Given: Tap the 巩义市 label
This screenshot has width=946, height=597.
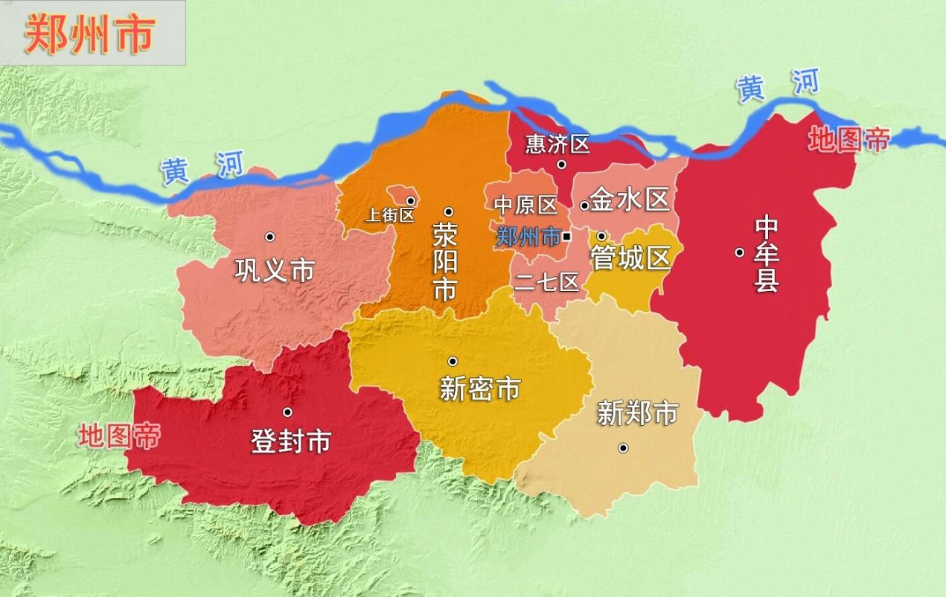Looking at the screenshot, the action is [x=275, y=270].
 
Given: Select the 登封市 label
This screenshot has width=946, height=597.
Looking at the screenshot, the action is [x=290, y=442].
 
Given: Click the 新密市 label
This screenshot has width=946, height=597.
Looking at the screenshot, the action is [x=479, y=389].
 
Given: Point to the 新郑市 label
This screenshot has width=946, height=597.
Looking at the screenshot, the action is [x=638, y=413].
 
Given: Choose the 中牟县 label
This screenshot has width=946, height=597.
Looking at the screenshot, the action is [x=767, y=253].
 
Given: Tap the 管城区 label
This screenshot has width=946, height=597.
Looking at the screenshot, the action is [x=630, y=258].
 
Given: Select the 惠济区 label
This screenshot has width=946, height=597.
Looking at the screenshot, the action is [x=557, y=144].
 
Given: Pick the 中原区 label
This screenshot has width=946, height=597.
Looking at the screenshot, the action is [x=526, y=205].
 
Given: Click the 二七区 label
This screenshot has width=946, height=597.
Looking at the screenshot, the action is [x=546, y=282].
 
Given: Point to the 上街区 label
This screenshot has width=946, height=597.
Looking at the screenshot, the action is [x=389, y=216].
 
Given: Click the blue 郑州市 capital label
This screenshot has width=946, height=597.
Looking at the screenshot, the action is [x=528, y=237].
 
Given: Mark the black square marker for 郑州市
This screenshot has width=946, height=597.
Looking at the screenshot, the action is [x=566, y=237].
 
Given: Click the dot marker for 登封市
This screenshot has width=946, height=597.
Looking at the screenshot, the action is [x=287, y=412].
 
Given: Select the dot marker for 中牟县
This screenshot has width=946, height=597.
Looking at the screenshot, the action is [x=739, y=252].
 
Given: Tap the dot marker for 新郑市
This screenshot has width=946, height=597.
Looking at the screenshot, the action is [x=623, y=447].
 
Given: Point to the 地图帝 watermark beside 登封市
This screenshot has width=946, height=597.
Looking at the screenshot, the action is [x=119, y=436].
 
